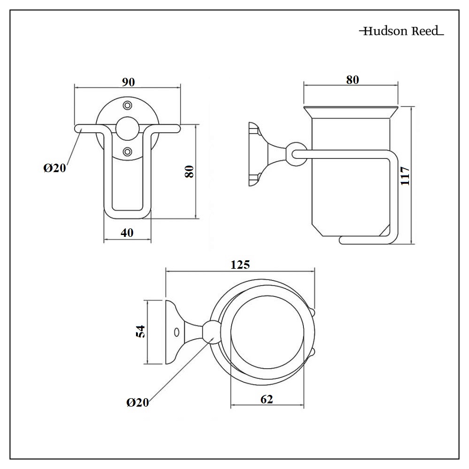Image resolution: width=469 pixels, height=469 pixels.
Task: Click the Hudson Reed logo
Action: coord(401,31)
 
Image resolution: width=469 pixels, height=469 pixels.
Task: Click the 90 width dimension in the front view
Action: coord(128,82)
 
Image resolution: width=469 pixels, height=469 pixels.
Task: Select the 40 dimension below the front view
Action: coord(127,233)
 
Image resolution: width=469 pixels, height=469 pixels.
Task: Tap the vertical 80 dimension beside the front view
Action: coord(189,171)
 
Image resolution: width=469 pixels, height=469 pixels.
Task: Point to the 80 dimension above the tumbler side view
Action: coord(352,80)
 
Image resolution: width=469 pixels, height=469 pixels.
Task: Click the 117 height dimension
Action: coord(406,175)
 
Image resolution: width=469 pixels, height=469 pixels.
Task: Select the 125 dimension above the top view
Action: coord(240,265)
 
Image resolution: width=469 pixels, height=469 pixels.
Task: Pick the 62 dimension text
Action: coord(266,399)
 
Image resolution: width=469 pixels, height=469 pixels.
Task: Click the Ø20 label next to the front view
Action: coord(55,168)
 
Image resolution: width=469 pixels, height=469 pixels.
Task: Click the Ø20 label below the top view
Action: coord(137,402)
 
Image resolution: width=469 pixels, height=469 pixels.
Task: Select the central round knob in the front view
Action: coord(128,128)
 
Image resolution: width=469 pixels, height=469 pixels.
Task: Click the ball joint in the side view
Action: coord(295,153)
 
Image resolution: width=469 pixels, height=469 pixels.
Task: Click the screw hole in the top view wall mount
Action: coord(176,332)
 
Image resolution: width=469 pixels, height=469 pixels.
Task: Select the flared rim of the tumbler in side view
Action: coord(351,112)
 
